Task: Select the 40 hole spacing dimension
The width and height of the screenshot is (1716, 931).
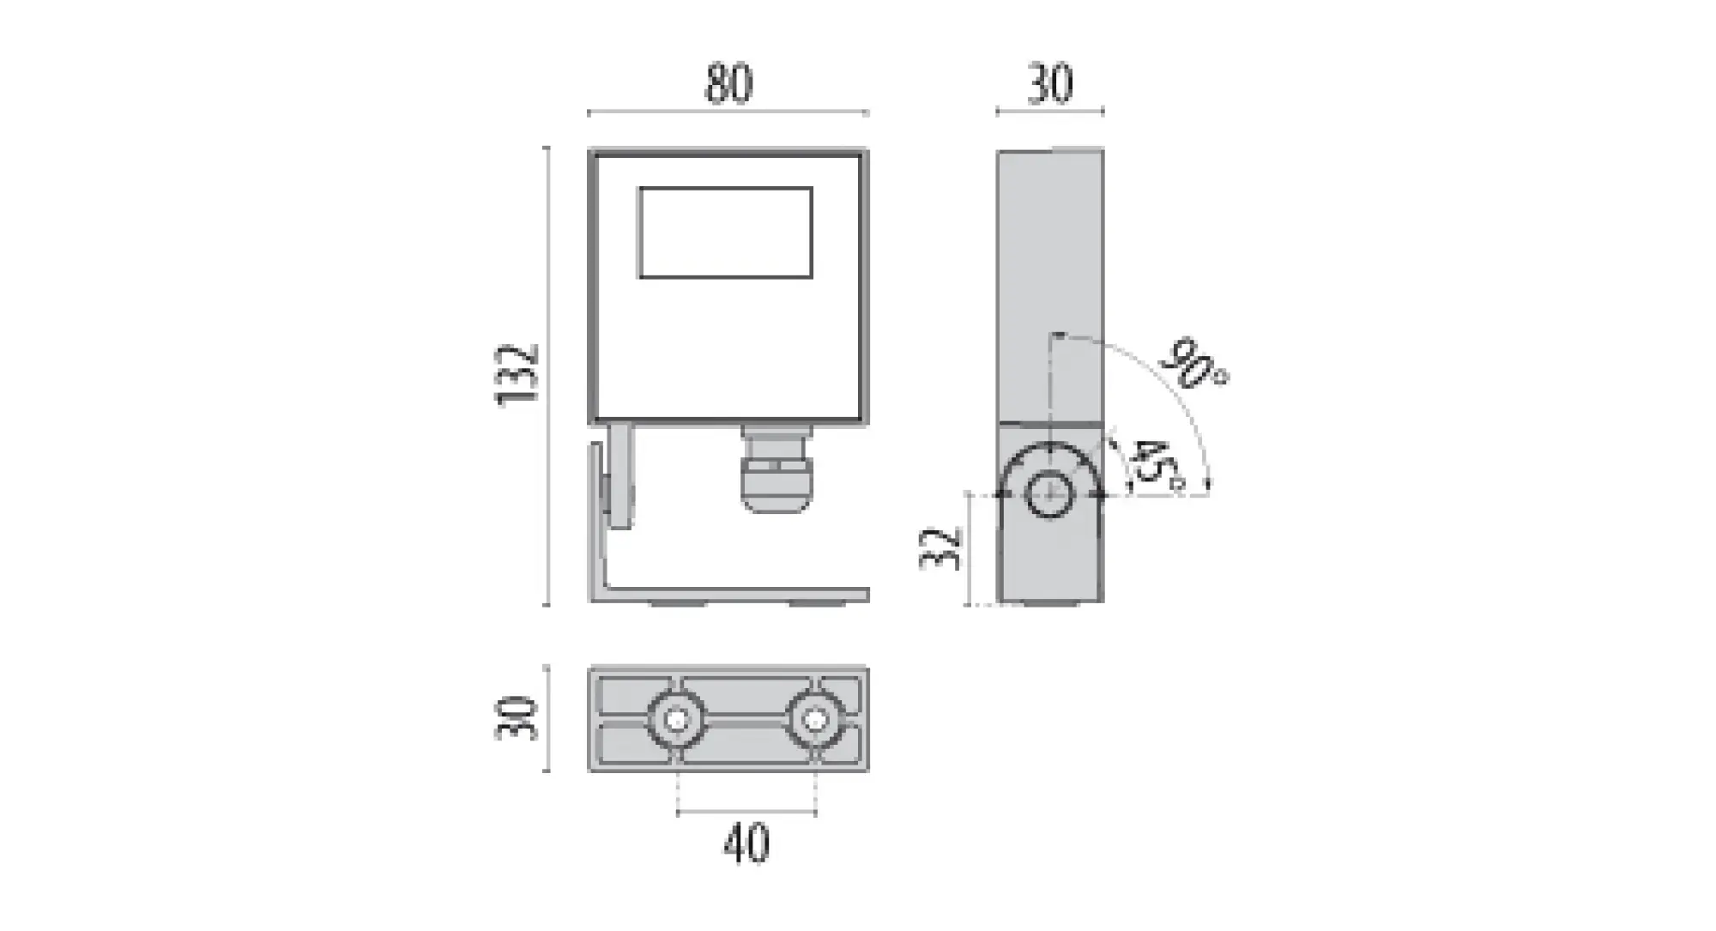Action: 746,843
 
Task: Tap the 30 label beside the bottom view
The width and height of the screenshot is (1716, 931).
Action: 517,718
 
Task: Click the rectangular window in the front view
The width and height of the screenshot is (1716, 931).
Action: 726,233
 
